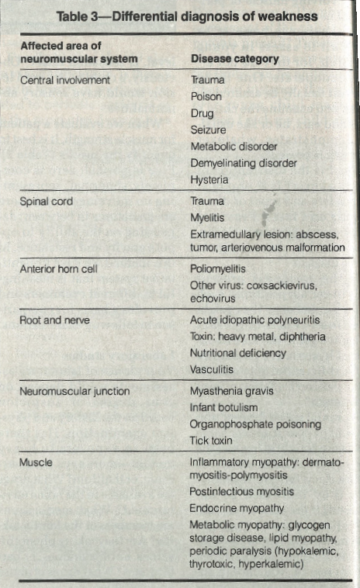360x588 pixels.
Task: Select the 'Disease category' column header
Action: coord(234,59)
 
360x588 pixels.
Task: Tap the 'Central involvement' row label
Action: coord(65,80)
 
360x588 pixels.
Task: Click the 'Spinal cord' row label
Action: coord(47,201)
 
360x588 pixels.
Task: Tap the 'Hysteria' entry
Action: coord(209,179)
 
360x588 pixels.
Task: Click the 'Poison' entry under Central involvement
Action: coord(206,97)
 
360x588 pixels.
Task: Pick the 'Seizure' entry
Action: coord(208,130)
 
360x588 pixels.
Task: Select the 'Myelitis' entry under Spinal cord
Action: coord(207,218)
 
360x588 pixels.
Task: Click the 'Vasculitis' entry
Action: coord(212,369)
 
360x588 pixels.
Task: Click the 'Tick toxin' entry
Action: coord(211,440)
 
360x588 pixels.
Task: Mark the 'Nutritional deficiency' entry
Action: coord(237,353)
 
